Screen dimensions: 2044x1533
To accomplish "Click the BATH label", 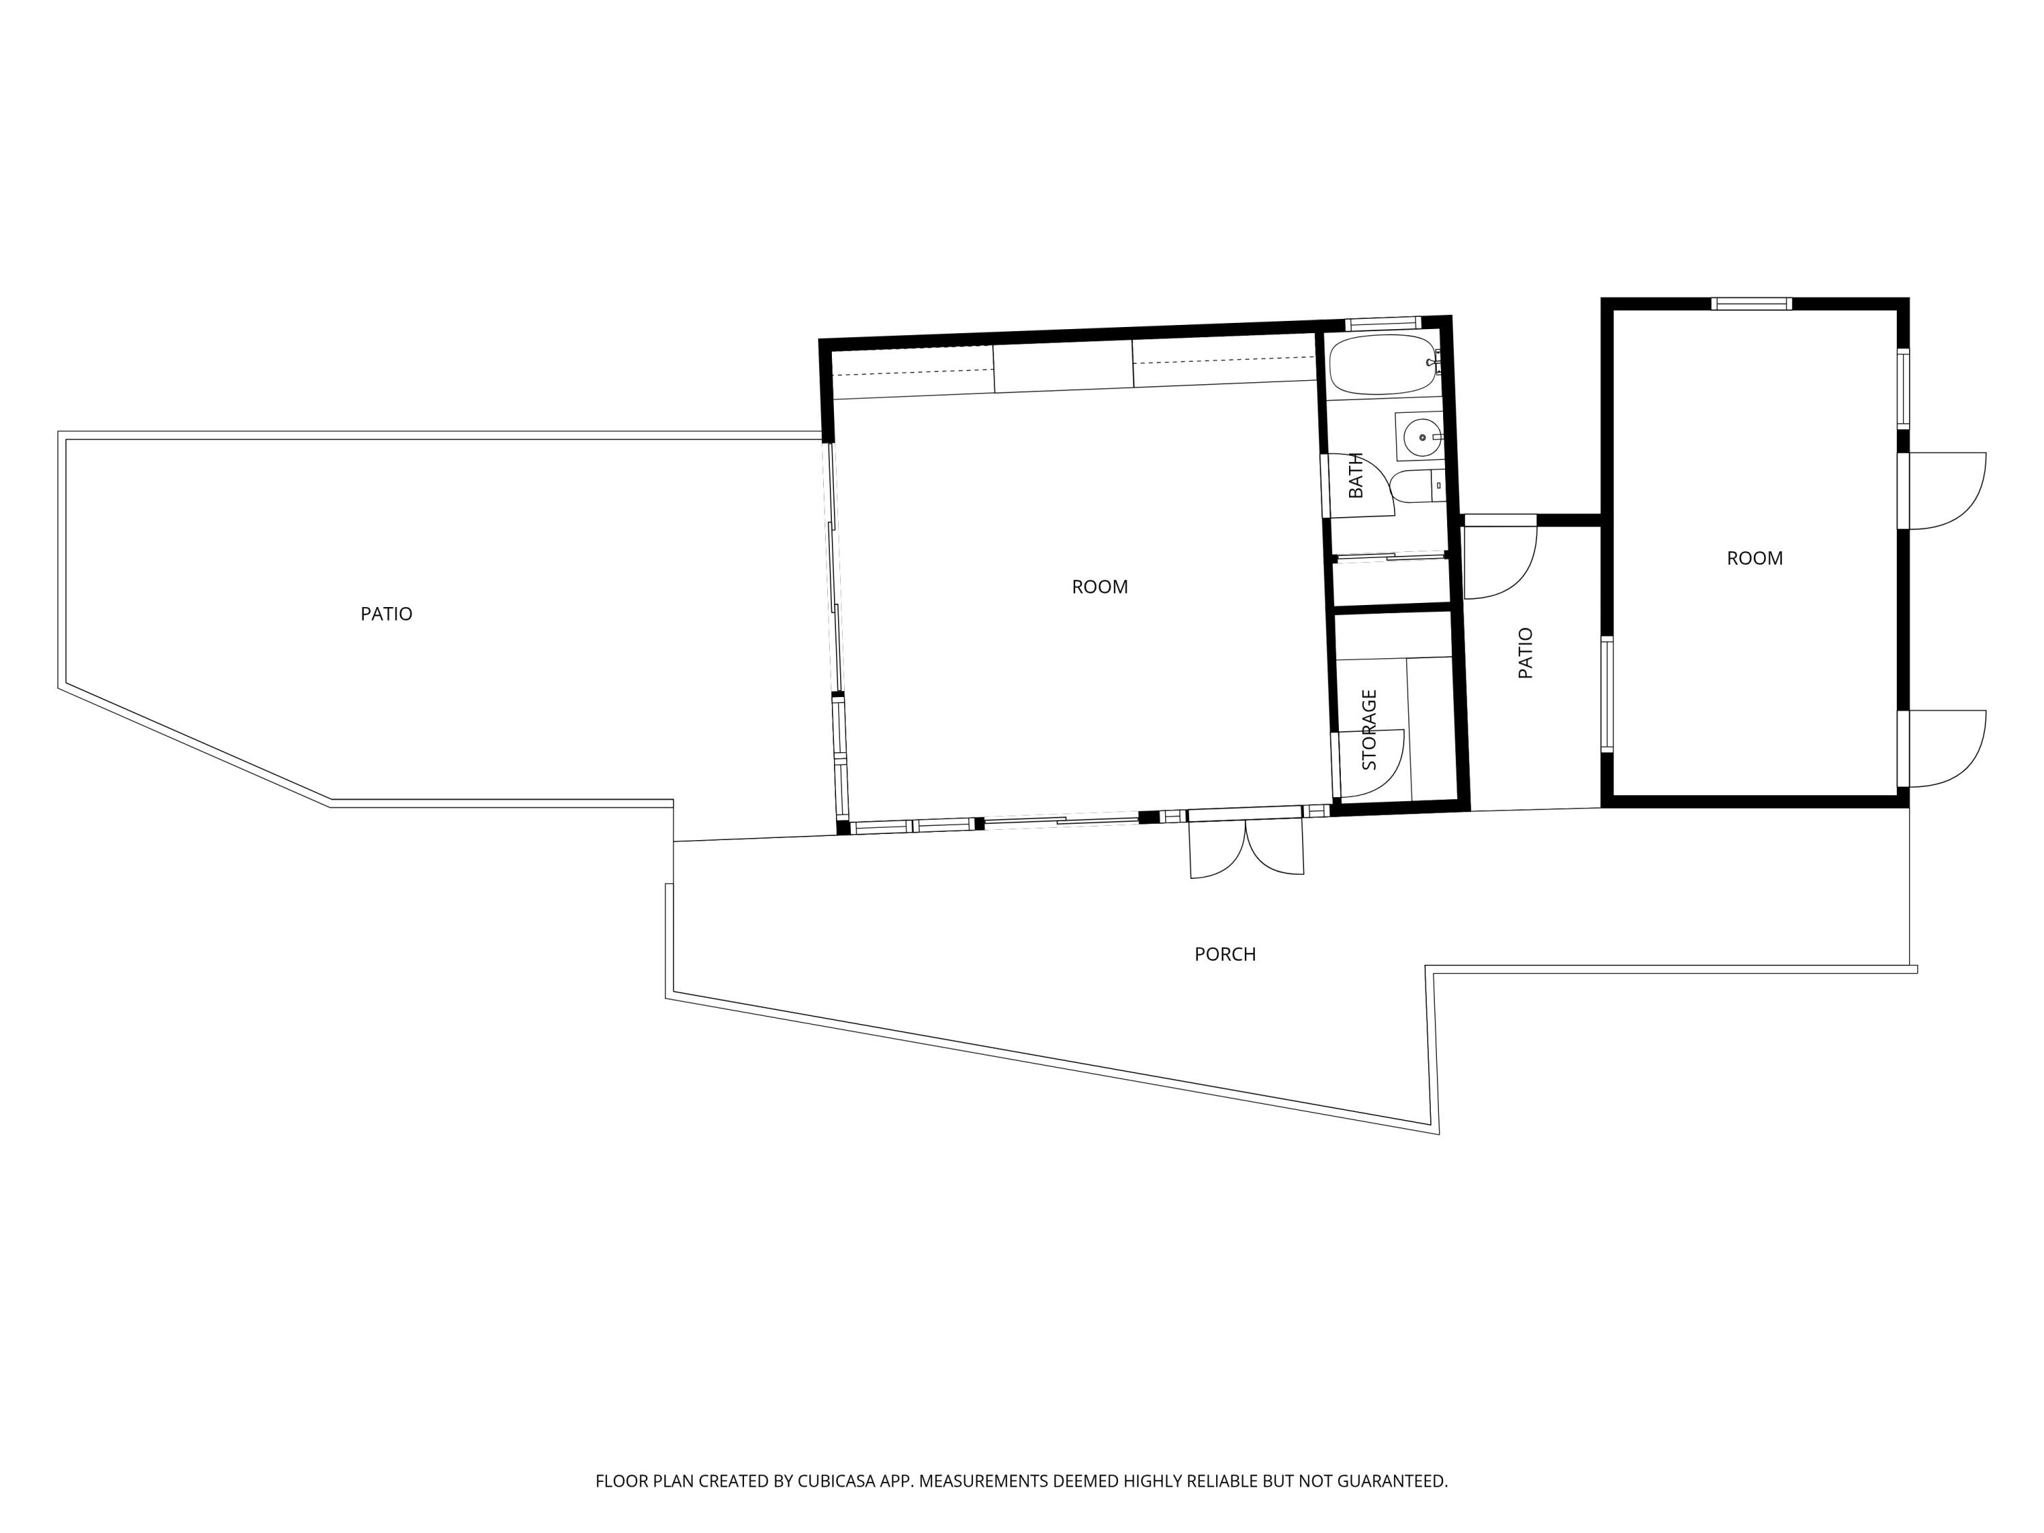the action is (x=1356, y=475).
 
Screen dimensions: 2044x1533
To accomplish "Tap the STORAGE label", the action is (x=1369, y=730).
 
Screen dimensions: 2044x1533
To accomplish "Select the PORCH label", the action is (x=1225, y=955).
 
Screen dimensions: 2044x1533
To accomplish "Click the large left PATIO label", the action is (x=386, y=614).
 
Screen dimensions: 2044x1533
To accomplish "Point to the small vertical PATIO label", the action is (x=1526, y=653).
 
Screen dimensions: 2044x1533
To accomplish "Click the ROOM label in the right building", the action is (x=1754, y=558).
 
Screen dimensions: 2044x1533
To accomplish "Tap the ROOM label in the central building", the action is (x=1100, y=587).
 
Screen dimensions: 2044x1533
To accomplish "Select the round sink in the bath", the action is (x=1421, y=436).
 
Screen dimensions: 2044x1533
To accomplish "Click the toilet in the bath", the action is (x=1416, y=486).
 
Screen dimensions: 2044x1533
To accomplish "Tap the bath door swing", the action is (x=1359, y=486).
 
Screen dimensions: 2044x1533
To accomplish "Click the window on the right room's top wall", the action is (x=1751, y=304).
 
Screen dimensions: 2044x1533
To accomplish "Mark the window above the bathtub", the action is (x=1382, y=324).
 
